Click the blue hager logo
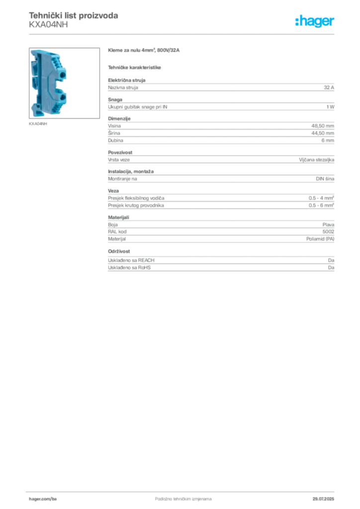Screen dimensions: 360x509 click(316, 22)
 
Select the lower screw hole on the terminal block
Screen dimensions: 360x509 click(63, 99)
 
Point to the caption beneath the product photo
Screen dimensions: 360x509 click(38, 124)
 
